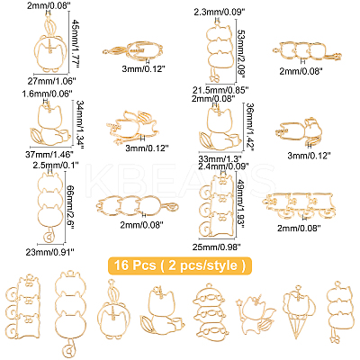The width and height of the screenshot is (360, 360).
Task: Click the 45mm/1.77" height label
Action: click(x=76, y=42)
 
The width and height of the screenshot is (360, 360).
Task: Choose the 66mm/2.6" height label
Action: click(x=70, y=208)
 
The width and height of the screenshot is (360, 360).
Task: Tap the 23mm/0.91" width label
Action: click(x=50, y=253)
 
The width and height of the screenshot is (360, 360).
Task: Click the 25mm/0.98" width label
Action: click(x=217, y=247)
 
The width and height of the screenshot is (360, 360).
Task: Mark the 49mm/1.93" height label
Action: click(x=243, y=206)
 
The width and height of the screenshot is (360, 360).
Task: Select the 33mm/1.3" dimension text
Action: click(x=220, y=158)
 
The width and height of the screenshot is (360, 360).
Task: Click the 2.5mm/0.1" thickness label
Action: click(x=58, y=165)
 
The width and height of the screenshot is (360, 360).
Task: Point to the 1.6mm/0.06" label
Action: click(x=48, y=94)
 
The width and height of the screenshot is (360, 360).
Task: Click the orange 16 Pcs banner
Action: click(x=180, y=265)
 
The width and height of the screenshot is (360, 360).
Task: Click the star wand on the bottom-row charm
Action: click(x=239, y=301)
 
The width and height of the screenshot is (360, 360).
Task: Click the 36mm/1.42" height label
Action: click(x=250, y=127)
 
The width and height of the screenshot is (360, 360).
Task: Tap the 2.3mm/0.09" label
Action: click(x=220, y=12)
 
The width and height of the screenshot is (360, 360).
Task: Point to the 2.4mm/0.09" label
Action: click(x=224, y=166)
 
